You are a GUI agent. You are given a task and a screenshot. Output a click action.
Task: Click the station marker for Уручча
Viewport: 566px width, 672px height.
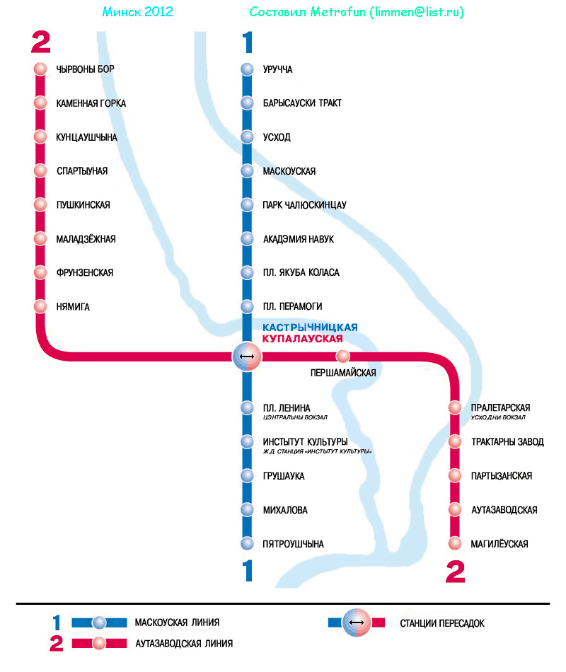[x=247, y=69]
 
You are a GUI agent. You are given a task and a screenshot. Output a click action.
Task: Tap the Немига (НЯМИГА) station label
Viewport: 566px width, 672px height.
[x=73, y=307]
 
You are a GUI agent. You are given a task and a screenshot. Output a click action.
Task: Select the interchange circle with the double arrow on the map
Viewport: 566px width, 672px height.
[x=247, y=356]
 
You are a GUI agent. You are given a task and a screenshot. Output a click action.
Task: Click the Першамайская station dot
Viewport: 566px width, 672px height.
[x=343, y=356]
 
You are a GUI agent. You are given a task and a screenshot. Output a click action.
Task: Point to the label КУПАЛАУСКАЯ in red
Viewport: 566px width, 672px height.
[x=307, y=340]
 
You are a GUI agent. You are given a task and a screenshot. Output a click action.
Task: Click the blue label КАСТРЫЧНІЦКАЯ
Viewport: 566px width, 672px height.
[x=310, y=328]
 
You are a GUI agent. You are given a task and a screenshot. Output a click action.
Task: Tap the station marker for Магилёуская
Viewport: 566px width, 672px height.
[x=456, y=544]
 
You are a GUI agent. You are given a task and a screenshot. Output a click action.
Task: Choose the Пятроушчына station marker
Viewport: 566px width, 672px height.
[x=247, y=544]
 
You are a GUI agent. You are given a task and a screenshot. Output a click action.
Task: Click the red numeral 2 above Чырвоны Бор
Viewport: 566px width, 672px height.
[x=41, y=43]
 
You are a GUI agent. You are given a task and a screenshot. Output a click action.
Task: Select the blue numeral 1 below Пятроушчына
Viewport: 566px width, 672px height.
[x=248, y=571]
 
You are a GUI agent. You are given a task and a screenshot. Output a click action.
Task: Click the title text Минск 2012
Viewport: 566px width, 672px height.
[x=137, y=13]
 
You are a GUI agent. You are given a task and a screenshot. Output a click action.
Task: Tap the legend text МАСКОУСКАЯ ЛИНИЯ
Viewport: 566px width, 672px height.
[x=177, y=623]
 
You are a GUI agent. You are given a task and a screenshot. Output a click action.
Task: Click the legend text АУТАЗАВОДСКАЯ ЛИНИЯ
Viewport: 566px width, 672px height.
[x=184, y=644]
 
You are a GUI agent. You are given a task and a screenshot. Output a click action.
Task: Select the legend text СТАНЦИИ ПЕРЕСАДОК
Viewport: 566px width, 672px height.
[x=442, y=623]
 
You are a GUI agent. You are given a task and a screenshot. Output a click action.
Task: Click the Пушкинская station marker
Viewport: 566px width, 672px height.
[x=40, y=205]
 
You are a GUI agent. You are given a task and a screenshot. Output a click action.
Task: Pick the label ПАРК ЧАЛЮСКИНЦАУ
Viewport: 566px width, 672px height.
[x=304, y=205]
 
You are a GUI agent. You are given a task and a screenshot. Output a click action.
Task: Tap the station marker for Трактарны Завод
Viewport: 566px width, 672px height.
[x=456, y=442]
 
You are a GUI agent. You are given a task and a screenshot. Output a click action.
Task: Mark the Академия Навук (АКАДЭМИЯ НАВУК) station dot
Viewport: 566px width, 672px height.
[x=247, y=239]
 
